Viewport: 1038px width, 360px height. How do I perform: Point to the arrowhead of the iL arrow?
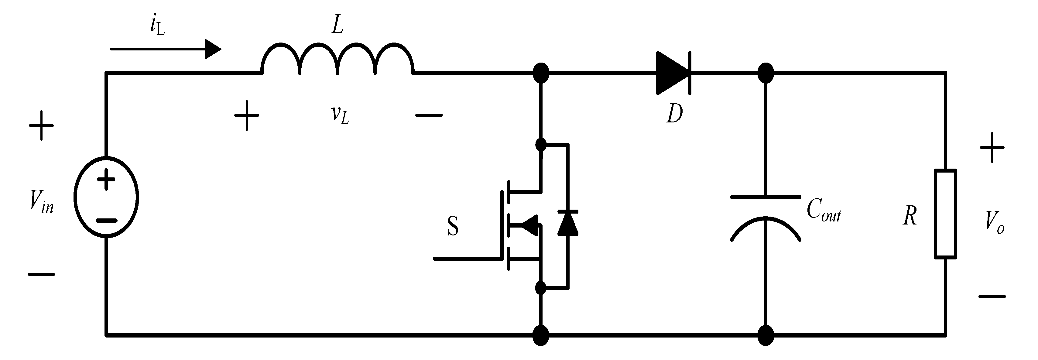[213, 49]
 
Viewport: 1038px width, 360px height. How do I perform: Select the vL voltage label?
[340, 115]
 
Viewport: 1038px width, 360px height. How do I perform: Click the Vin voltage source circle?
[106, 197]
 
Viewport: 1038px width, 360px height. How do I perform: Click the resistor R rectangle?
[945, 214]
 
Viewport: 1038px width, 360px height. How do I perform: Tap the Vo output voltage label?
[994, 222]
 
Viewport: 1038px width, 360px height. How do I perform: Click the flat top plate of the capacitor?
[766, 197]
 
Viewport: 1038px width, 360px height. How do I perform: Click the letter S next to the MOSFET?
[453, 227]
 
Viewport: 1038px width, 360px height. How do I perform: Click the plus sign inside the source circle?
[106, 180]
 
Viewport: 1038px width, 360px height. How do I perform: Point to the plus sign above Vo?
[992, 148]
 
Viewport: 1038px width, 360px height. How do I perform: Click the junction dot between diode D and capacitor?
[766, 73]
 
